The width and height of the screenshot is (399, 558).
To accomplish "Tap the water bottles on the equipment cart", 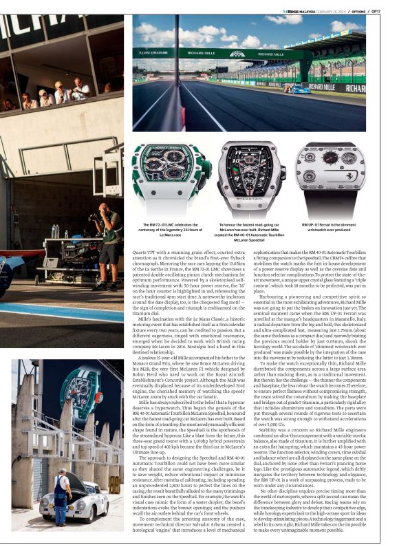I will [x=55, y=232].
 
